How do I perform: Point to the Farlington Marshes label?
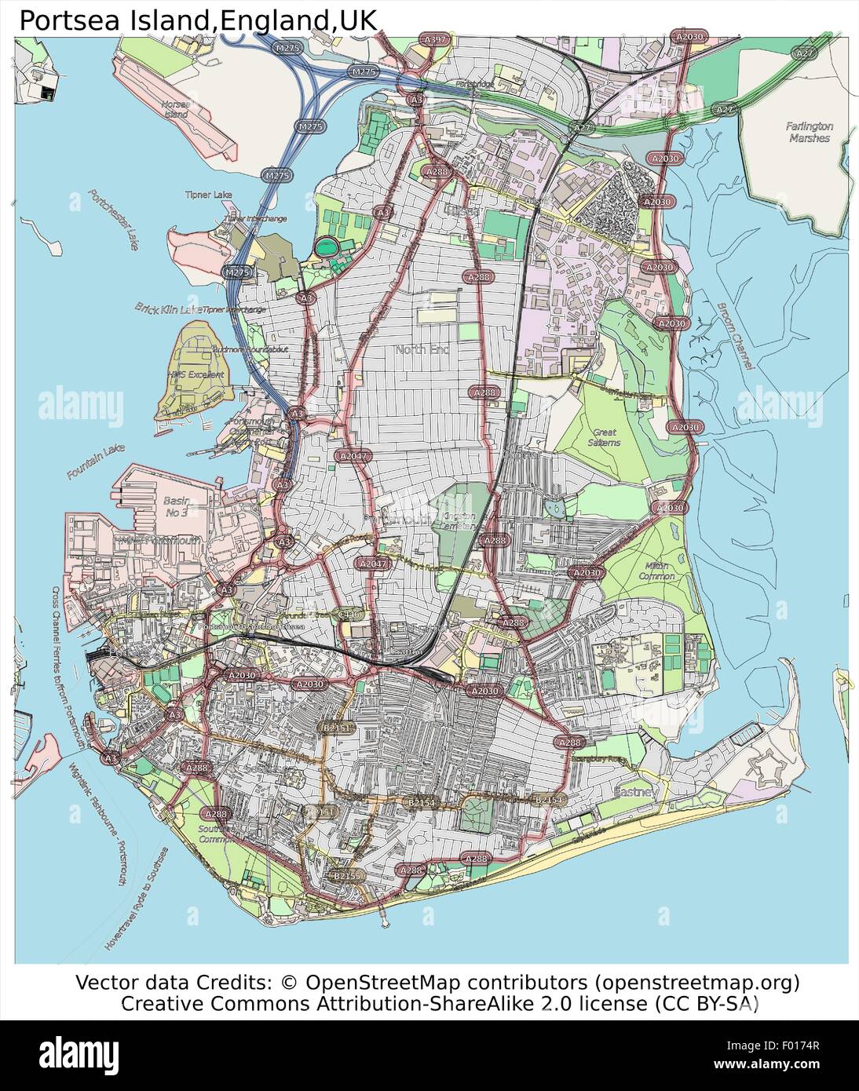809,132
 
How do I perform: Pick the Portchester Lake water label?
113,219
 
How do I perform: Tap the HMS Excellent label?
196,374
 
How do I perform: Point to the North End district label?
422,349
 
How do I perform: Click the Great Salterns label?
605,437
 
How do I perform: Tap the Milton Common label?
656,571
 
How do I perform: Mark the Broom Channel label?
735,337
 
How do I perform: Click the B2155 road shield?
346,875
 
